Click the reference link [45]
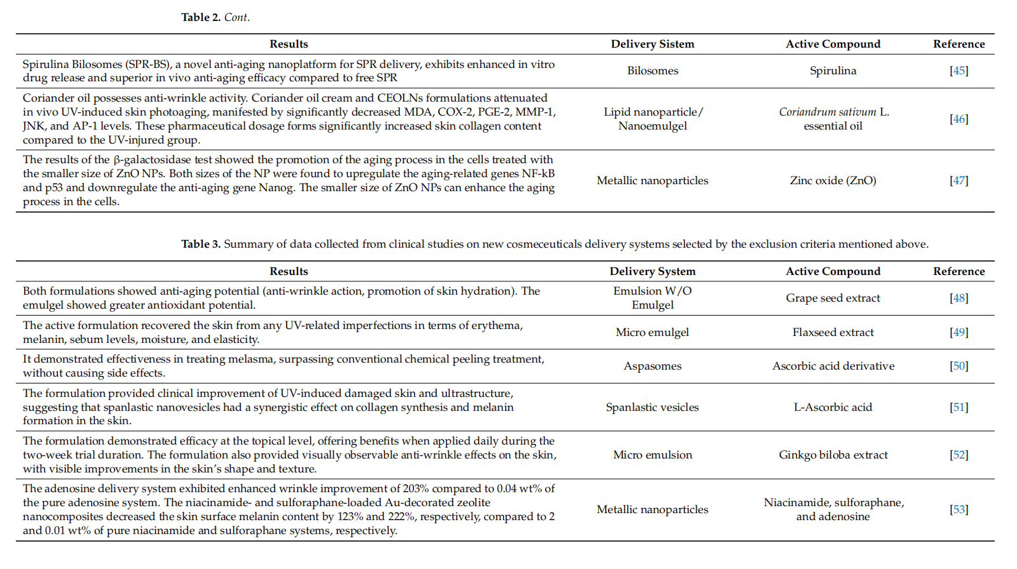coord(959,70)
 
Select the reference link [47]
coord(959,180)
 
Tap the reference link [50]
coord(959,366)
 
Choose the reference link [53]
coord(959,509)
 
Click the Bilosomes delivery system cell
coord(652,70)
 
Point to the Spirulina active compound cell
coord(833,70)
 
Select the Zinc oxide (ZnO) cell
coord(833,180)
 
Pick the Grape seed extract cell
coord(833,298)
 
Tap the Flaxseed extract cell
coord(833,332)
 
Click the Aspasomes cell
coord(652,366)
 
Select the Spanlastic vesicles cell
coord(652,407)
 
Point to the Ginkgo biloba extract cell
coord(833,455)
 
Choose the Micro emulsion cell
coord(652,455)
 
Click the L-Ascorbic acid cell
coord(833,407)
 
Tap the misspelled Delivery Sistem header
coord(652,44)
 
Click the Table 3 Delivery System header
coord(652,271)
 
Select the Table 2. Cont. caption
coord(215,17)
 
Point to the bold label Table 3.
coord(201,244)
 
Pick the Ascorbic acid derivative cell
coord(833,366)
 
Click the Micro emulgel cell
coord(652,332)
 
